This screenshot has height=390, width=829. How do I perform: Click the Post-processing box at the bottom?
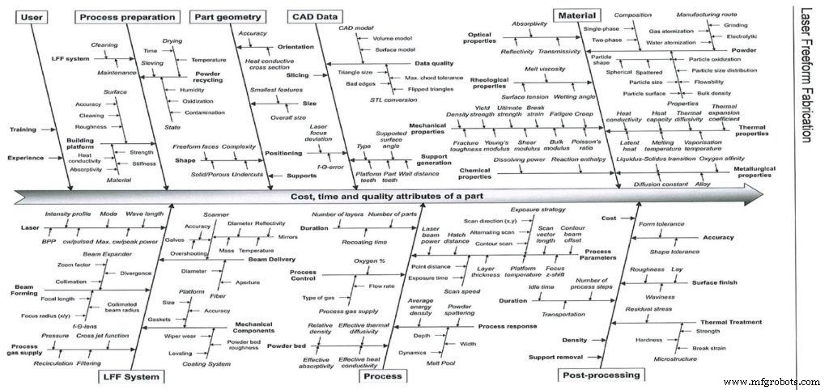pyautogui.click(x=602, y=375)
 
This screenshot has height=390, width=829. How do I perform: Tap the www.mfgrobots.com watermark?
pyautogui.click(x=773, y=381)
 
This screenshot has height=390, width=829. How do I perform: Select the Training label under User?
pyautogui.click(x=23, y=129)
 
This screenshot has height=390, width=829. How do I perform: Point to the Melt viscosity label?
pyautogui.click(x=544, y=70)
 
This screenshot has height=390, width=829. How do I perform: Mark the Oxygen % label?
pyautogui.click(x=369, y=261)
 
